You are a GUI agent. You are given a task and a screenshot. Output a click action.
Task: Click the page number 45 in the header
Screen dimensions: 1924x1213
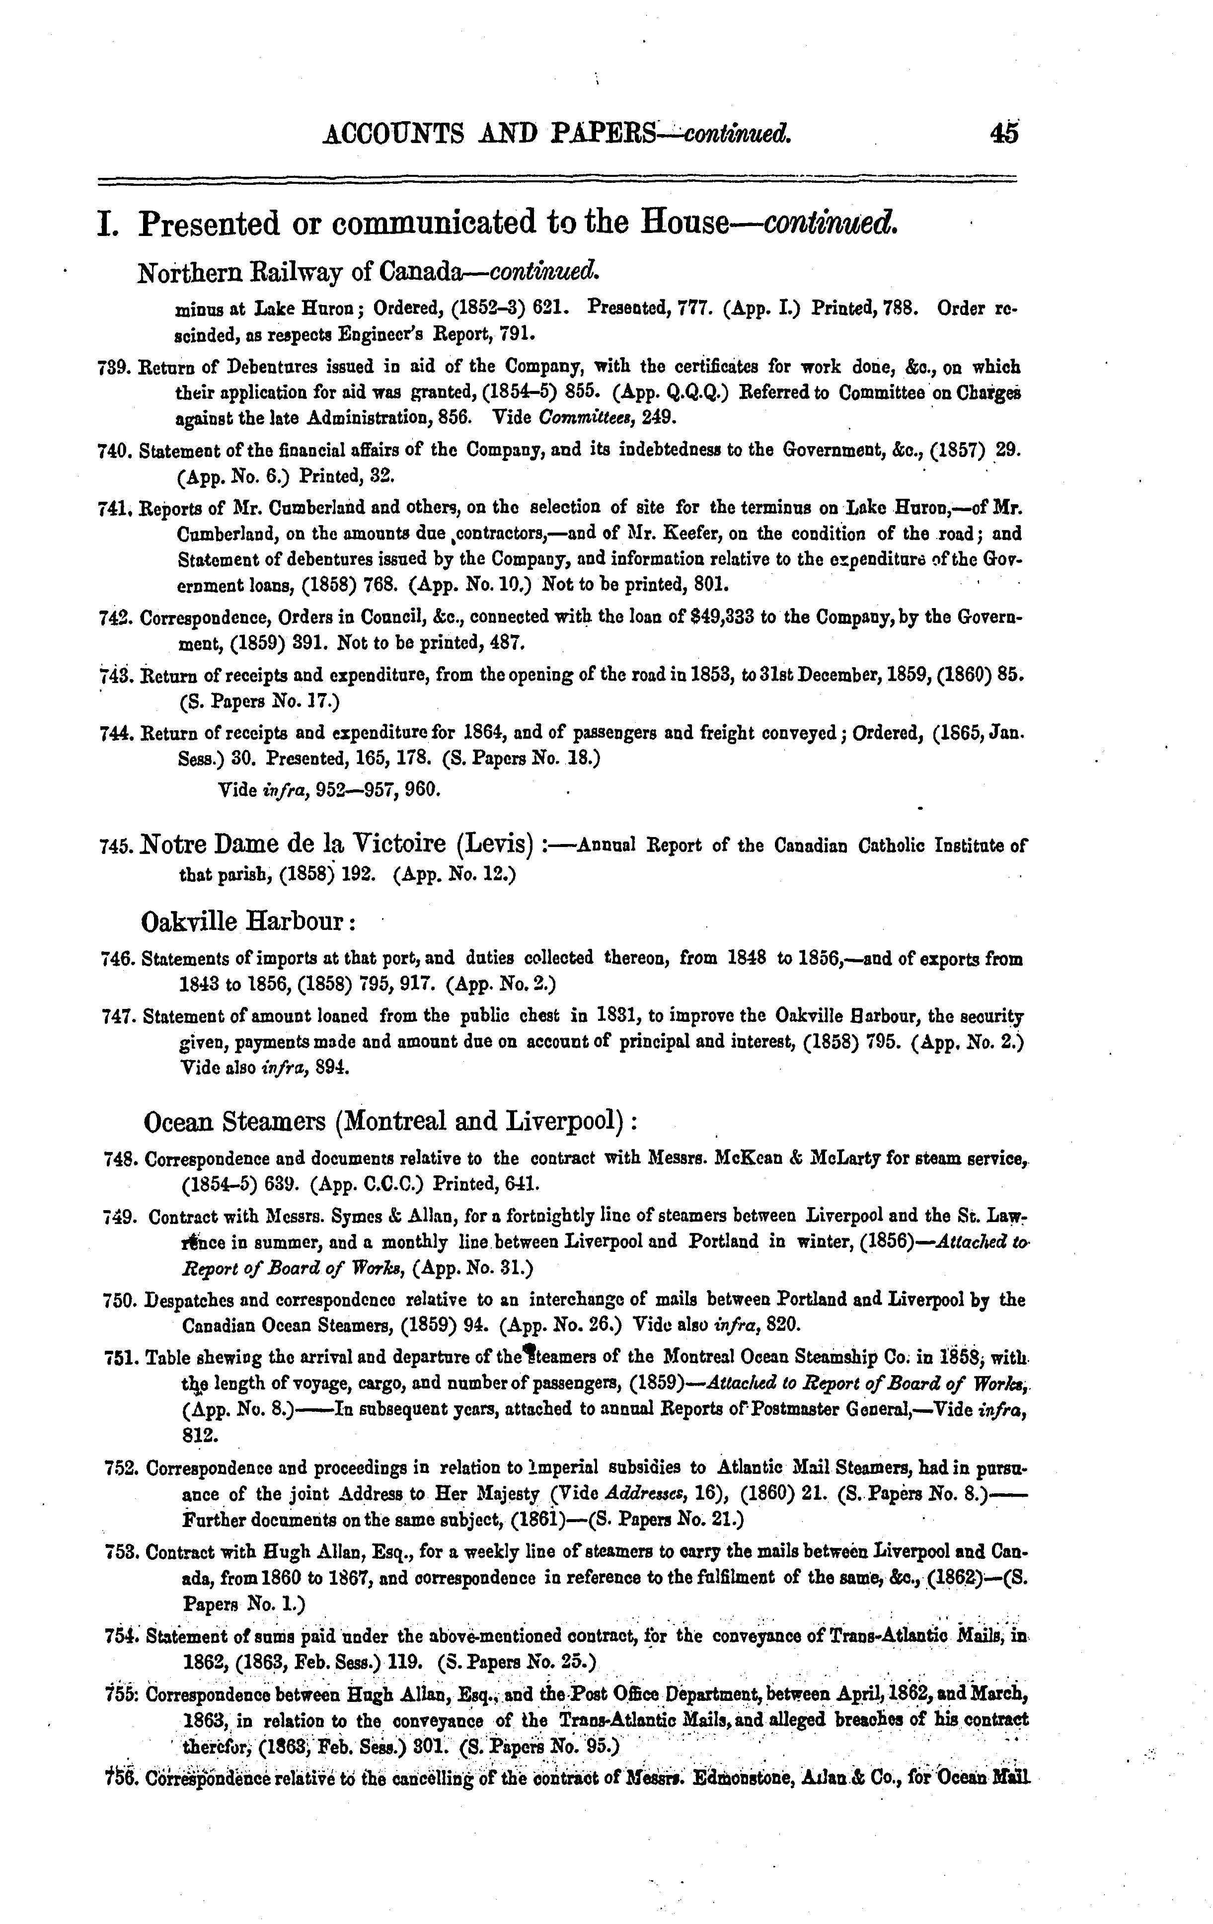1004,134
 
